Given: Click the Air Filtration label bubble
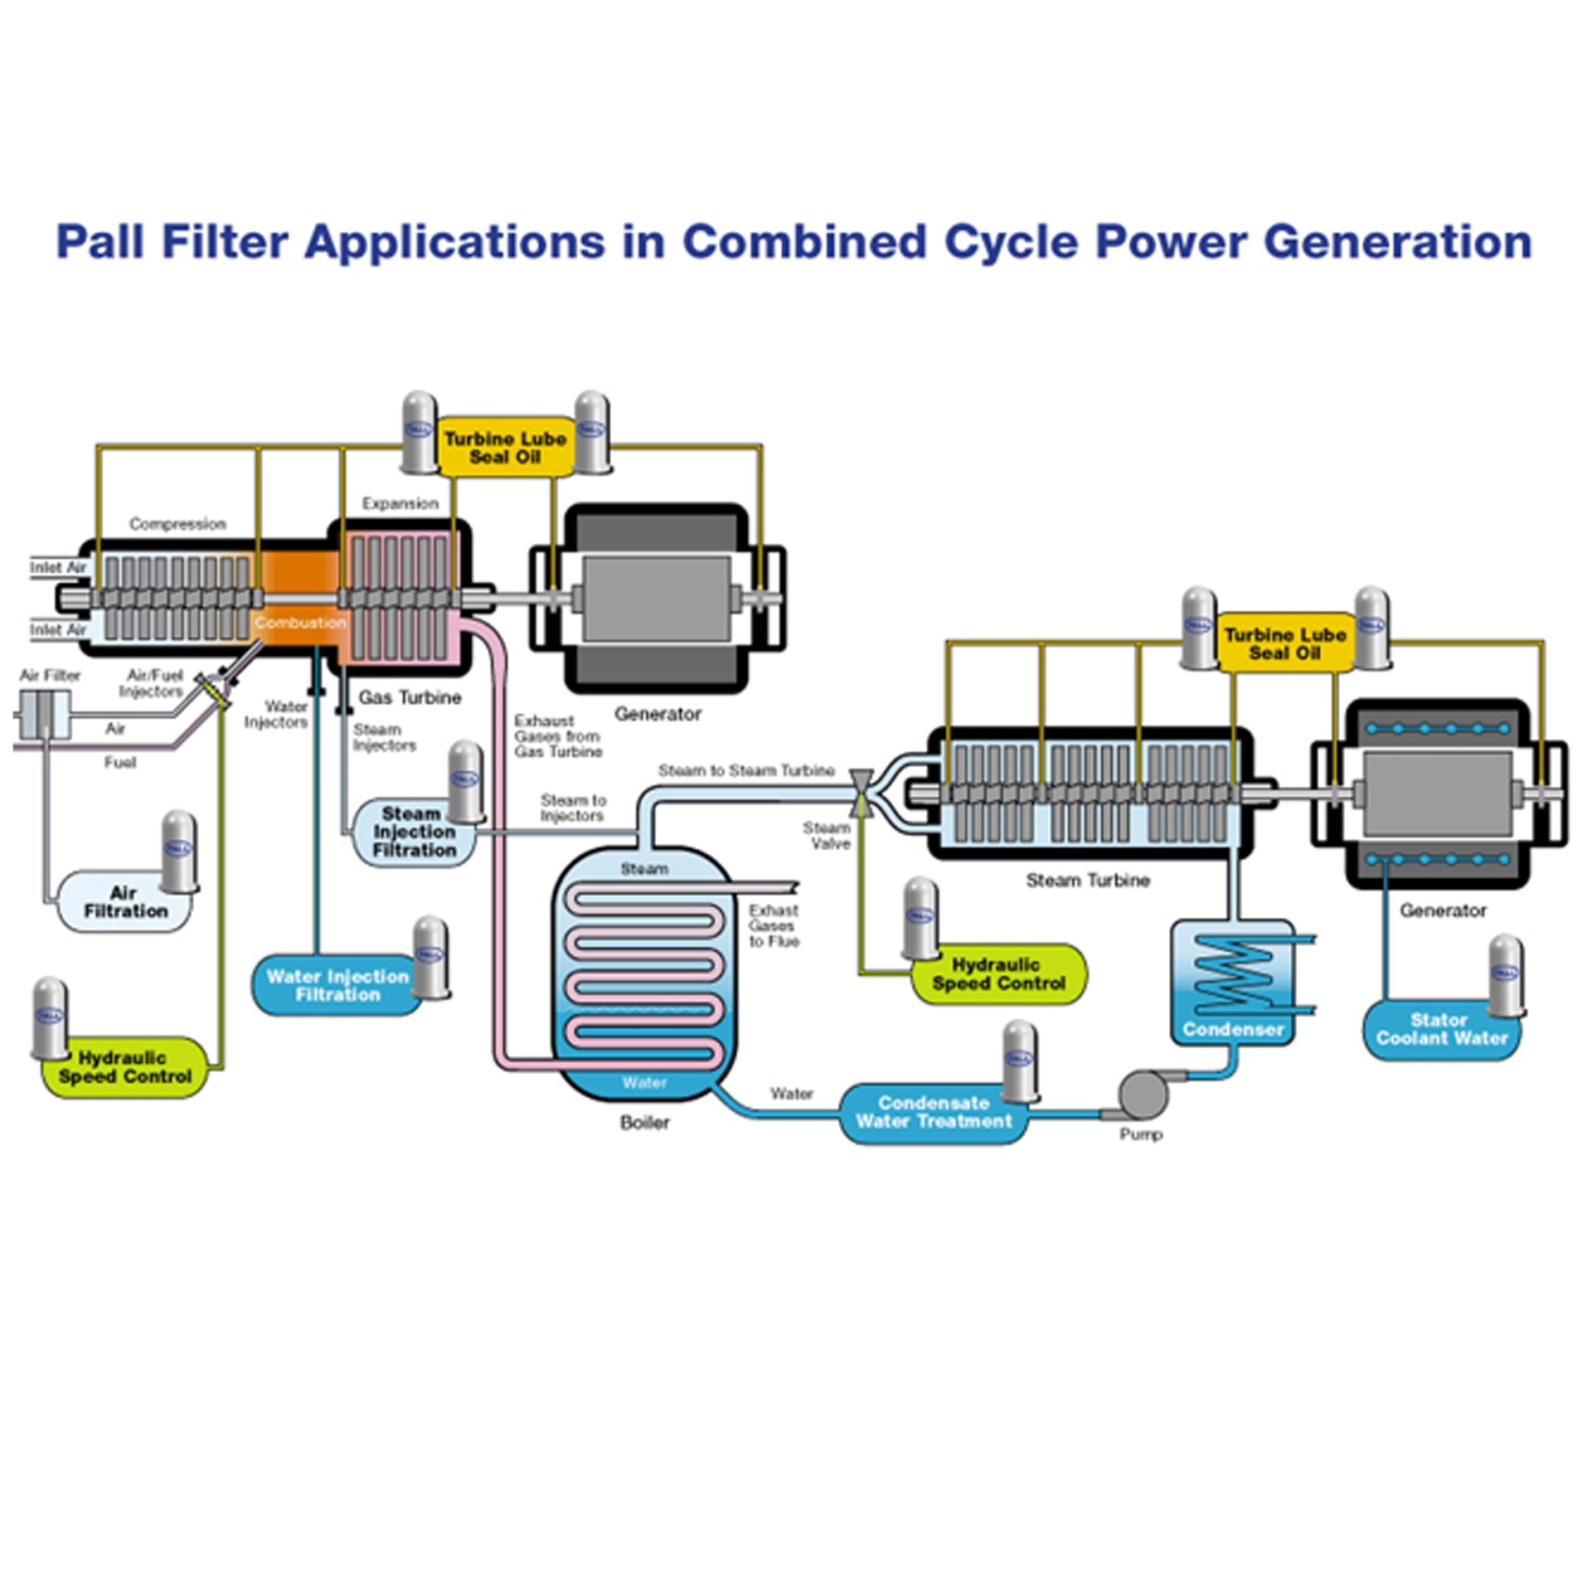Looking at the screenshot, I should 124,902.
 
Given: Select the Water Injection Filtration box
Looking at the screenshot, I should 337,986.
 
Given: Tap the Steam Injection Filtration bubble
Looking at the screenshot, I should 413,832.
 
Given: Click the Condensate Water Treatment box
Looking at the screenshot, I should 934,1113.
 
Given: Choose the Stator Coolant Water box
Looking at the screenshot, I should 1441,1030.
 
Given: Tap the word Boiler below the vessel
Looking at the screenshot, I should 644,1123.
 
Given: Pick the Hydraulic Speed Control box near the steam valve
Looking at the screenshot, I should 998,974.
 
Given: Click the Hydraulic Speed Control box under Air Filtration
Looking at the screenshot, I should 124,1068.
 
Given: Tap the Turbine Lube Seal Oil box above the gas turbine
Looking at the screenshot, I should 505,448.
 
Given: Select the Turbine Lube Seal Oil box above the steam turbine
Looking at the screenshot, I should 1284,644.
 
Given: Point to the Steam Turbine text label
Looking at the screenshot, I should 1087,881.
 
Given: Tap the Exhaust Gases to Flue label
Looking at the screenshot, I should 773,926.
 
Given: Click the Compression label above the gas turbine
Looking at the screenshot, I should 177,524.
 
